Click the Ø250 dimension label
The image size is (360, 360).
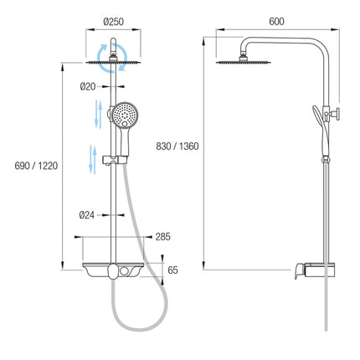(113, 22)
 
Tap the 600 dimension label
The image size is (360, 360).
(276, 22)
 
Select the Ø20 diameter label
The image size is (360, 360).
(88, 87)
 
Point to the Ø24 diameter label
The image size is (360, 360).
(87, 215)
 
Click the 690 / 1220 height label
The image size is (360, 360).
(36, 166)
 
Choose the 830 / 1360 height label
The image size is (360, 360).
(177, 147)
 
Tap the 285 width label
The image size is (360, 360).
(163, 237)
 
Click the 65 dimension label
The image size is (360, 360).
(172, 270)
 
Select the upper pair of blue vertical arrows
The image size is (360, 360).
(98, 114)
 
